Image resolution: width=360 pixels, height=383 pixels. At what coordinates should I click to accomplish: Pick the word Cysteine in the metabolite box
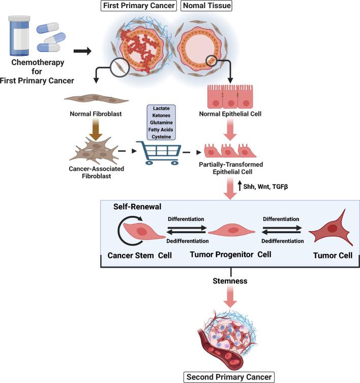click(161, 136)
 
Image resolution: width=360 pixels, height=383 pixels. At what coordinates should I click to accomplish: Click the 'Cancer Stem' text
click(131, 256)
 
